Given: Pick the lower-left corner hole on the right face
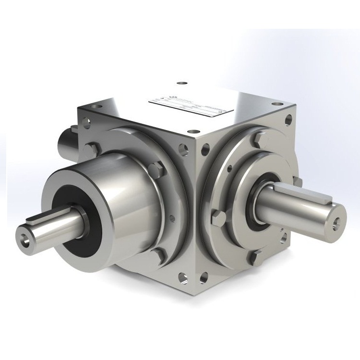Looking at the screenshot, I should click(x=205, y=276).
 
